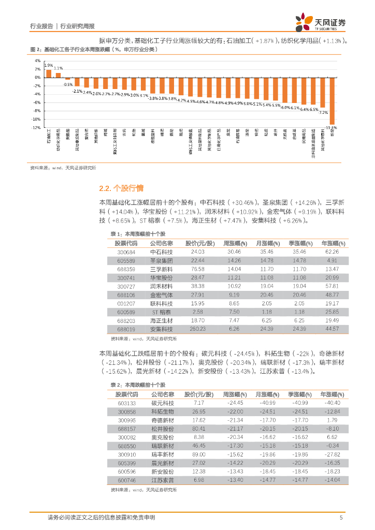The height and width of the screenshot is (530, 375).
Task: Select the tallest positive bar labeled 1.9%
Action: click(49, 73)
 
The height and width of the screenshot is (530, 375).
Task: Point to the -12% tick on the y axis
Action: click(37, 127)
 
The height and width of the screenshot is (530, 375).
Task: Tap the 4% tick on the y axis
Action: click(37, 61)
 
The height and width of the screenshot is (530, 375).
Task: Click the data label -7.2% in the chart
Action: click(323, 112)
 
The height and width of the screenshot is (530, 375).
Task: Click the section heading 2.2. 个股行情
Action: click(121, 188)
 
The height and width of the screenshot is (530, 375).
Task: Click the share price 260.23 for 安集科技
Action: click(198, 329)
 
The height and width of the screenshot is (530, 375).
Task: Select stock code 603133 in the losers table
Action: click(126, 403)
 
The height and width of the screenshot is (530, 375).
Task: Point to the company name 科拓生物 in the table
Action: click(161, 411)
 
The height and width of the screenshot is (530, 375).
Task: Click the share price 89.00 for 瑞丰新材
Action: click(198, 454)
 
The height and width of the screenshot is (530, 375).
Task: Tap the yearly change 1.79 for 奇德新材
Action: click(333, 420)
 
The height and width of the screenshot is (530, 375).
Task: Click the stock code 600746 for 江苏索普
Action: click(126, 480)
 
